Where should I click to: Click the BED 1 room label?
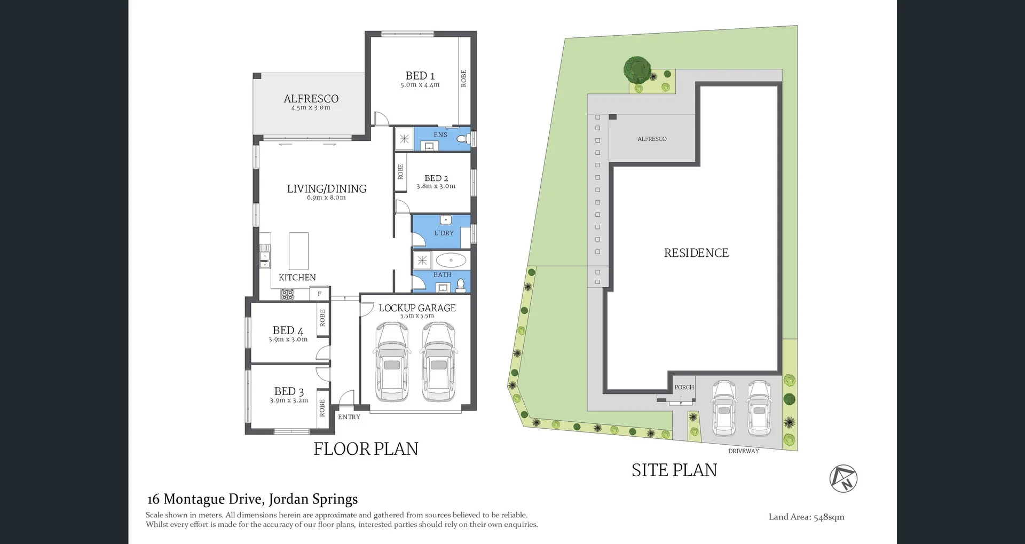pyautogui.click(x=420, y=76)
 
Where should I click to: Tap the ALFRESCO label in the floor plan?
pyautogui.click(x=311, y=99)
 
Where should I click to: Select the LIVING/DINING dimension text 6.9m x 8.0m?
pyautogui.click(x=326, y=198)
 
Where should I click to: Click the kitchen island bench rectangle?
pyautogui.click(x=298, y=251)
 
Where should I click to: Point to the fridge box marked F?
pyautogui.click(x=319, y=294)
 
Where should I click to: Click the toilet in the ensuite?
pyautogui.click(x=463, y=139)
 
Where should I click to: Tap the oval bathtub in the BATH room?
pyautogui.click(x=451, y=261)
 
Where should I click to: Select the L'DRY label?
pyautogui.click(x=444, y=233)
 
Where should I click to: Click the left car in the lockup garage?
pyautogui.click(x=392, y=361)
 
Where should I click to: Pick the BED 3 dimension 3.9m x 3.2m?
pyautogui.click(x=289, y=400)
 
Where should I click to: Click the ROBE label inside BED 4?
pyautogui.click(x=322, y=318)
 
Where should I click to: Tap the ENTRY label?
pyautogui.click(x=349, y=417)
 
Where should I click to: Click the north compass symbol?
pyautogui.click(x=843, y=478)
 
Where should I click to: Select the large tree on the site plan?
pyautogui.click(x=637, y=69)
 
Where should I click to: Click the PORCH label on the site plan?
pyautogui.click(x=684, y=388)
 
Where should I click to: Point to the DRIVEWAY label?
pyautogui.click(x=743, y=451)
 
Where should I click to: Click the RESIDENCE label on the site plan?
pyautogui.click(x=696, y=253)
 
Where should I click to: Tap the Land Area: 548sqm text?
pyautogui.click(x=806, y=517)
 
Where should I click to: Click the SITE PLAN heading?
pyautogui.click(x=674, y=470)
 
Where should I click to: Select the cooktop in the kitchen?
pyautogui.click(x=287, y=294)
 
